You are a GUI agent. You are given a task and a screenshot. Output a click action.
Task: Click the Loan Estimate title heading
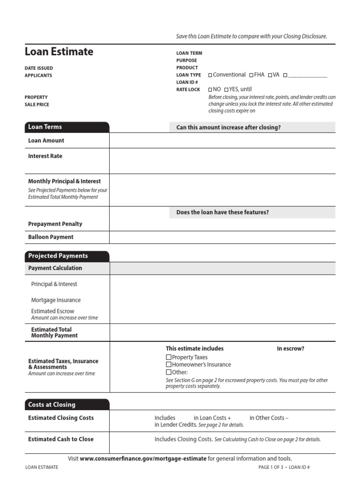[x=59, y=52]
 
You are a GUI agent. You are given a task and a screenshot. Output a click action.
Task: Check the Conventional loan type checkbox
[x=210, y=75]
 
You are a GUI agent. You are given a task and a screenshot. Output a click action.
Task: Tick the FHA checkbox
[x=251, y=75]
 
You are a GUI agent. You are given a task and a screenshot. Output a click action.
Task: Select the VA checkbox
[x=270, y=75]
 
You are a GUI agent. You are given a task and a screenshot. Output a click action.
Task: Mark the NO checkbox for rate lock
[x=210, y=90]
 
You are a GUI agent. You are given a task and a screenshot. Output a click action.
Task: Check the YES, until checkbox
[x=226, y=90]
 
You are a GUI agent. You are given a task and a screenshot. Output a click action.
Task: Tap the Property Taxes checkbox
[x=169, y=358]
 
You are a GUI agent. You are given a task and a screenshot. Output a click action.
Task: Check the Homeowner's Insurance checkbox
[x=169, y=365]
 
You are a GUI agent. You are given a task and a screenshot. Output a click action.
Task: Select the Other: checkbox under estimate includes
[x=169, y=372]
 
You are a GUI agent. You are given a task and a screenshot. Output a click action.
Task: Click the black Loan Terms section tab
[x=67, y=127]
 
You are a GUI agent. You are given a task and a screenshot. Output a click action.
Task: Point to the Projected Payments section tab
[x=67, y=256]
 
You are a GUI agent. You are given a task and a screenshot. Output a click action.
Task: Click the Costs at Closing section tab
[x=67, y=405]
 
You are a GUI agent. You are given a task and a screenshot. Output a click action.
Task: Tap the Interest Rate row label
[x=45, y=156]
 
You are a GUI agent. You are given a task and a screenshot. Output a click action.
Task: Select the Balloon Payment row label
[x=51, y=237]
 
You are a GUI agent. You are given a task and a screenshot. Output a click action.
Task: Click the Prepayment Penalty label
[x=55, y=224]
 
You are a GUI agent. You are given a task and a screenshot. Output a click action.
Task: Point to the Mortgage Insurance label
[x=56, y=300]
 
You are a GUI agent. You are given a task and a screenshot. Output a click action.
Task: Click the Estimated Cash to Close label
[x=60, y=439]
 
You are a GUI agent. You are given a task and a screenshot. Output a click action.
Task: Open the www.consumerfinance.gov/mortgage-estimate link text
[x=143, y=458]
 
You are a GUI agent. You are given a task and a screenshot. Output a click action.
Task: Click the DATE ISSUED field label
[x=38, y=68]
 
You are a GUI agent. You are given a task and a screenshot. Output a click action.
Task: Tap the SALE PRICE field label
[x=37, y=105]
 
